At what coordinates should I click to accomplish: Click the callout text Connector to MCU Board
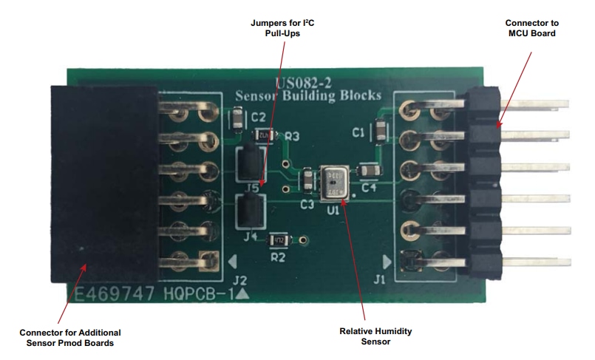pyautogui.click(x=526, y=27)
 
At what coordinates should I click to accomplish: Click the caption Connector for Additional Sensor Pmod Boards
pyautogui.click(x=70, y=337)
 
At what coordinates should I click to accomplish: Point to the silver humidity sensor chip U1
pyautogui.click(x=336, y=182)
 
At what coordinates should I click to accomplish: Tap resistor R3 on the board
pyautogui.click(x=265, y=135)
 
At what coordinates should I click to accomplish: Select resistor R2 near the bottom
pyautogui.click(x=279, y=240)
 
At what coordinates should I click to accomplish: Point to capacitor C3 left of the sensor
pyautogui.click(x=307, y=181)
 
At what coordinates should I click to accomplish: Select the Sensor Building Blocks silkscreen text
pyautogui.click(x=307, y=95)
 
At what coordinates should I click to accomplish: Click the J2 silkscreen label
pyautogui.click(x=239, y=280)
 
